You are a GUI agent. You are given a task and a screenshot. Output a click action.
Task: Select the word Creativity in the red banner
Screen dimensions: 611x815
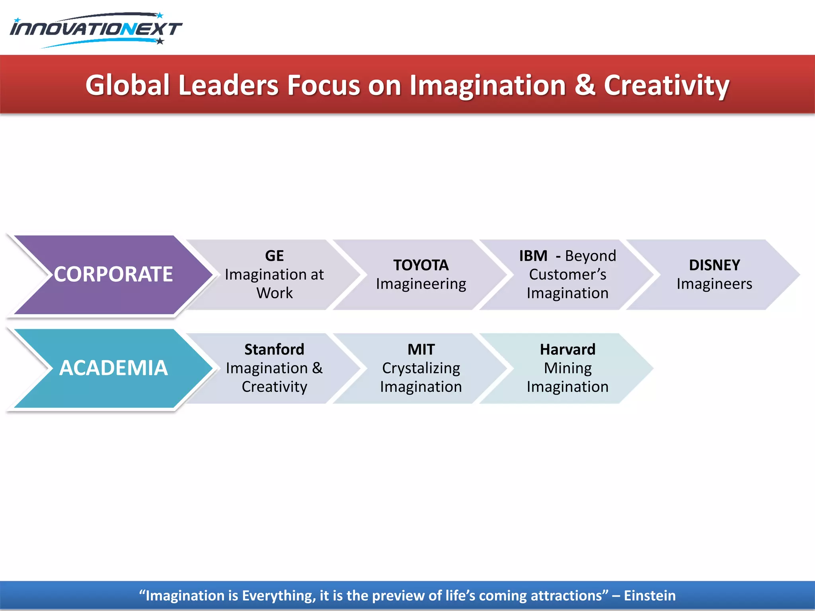[x=667, y=86]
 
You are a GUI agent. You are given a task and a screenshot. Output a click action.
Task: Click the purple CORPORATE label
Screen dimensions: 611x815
[x=113, y=274]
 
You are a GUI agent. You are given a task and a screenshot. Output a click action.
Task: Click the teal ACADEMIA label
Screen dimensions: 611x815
[x=113, y=368]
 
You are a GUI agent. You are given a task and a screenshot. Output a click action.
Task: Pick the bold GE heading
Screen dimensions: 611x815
[x=274, y=256]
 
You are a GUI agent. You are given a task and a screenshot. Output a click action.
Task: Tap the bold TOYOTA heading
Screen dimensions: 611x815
[x=421, y=265]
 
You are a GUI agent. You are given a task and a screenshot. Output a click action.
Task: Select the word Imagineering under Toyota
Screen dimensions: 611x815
[x=421, y=284]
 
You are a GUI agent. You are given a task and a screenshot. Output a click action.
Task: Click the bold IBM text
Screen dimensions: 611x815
[x=533, y=256]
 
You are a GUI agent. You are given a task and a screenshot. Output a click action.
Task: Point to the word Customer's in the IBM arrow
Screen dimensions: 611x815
[x=567, y=274]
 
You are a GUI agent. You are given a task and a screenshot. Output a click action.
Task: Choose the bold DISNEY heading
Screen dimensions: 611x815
[x=714, y=265]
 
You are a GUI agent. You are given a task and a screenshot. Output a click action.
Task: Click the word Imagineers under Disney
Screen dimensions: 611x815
[x=714, y=284]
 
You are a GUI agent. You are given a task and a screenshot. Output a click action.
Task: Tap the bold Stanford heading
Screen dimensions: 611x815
[x=274, y=349]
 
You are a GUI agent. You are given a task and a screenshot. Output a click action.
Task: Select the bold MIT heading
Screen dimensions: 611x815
[x=421, y=349]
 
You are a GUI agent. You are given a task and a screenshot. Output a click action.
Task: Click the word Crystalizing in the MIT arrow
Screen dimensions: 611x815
[x=421, y=368]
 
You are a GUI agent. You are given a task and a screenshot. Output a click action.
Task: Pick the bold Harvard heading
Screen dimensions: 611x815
[x=567, y=349]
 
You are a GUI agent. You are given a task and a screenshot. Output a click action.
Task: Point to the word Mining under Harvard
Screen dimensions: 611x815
[x=567, y=368]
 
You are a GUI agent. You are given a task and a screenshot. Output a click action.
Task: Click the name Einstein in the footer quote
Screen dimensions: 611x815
[x=649, y=595]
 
